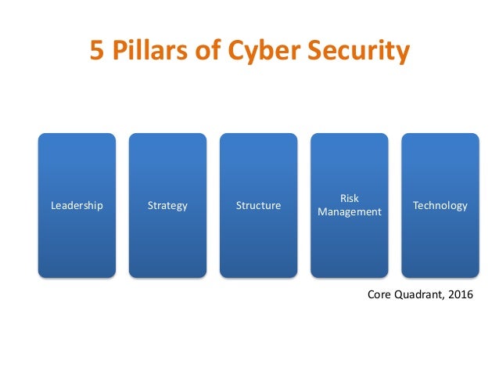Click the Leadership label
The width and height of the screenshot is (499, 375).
pos(77,206)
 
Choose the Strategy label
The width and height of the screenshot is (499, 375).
pos(167,206)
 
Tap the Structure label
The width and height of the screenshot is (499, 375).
pos(258,206)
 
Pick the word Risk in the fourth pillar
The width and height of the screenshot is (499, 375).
pos(349,199)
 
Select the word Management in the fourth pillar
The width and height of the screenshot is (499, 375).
pos(349,212)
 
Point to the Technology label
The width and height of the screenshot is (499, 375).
pos(440,206)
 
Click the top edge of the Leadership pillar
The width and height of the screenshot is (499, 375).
pos(77,134)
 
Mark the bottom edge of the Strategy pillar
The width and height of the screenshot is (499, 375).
pos(167,277)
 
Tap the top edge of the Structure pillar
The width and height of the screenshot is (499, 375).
pos(258,134)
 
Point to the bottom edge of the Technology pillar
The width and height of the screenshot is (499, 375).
pos(440,277)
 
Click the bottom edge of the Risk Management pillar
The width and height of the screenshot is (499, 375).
pos(349,277)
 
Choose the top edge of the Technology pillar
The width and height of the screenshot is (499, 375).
pos(440,134)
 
